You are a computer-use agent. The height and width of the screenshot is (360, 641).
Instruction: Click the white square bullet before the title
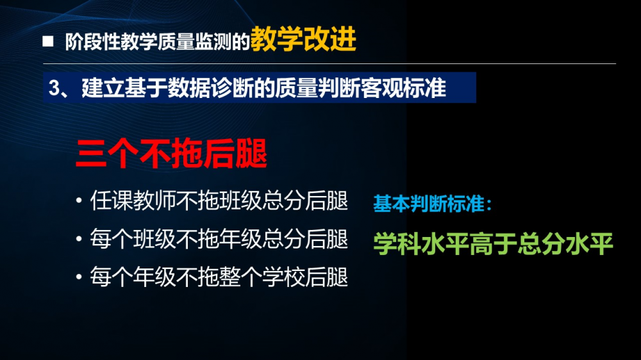(x=48, y=41)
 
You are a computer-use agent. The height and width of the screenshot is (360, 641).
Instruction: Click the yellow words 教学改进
(x=303, y=39)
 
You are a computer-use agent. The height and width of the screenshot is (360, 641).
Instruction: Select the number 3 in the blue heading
(x=54, y=88)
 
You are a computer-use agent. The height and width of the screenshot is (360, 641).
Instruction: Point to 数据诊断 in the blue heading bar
(x=210, y=88)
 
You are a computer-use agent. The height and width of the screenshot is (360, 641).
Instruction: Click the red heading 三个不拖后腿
(x=172, y=154)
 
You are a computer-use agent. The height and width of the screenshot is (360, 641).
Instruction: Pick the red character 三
(x=92, y=154)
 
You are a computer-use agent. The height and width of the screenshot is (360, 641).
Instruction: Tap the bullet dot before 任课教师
(x=79, y=201)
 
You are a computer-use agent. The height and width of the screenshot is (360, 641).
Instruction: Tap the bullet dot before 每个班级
(x=79, y=239)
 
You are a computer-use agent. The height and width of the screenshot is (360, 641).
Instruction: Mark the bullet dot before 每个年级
(x=79, y=277)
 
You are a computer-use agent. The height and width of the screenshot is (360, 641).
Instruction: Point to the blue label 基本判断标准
(x=429, y=204)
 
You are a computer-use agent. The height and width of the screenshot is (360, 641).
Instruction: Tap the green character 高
(x=481, y=243)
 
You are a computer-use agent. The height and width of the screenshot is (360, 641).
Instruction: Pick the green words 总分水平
(x=565, y=243)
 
